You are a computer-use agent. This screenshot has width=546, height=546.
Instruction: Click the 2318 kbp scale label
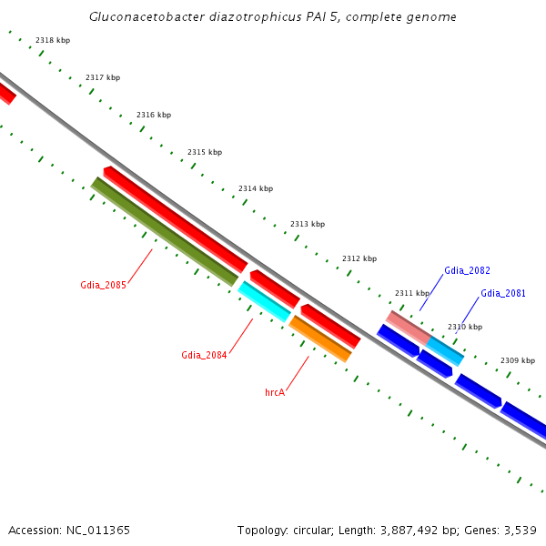pos(52,40)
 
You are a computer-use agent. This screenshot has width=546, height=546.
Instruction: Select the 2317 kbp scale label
pos(103,77)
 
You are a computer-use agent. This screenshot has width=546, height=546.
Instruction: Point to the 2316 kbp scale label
pos(154,115)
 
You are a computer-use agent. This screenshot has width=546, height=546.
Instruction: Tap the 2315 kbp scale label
pos(205,152)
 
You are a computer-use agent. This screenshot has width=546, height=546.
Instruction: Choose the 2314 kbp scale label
pos(256,188)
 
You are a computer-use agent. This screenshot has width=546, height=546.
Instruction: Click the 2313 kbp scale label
pos(308,224)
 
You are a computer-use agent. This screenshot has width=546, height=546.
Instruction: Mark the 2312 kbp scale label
pos(359,258)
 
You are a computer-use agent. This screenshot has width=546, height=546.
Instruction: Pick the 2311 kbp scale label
pos(411,293)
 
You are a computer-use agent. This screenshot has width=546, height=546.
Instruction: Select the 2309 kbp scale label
pos(518,361)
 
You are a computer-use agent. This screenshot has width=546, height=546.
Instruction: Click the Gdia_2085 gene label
pos(103,285)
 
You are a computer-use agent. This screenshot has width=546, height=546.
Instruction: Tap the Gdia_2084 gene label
pos(204,355)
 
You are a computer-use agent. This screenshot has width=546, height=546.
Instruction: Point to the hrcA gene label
pos(275,392)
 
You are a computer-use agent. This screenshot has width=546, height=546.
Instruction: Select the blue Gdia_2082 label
pos(467,270)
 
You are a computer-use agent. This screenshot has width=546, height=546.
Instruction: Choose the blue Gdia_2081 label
pos(503,293)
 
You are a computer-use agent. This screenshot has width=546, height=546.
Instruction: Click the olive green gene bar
pos(165,231)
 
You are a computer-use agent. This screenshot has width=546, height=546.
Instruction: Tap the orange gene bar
pos(319,339)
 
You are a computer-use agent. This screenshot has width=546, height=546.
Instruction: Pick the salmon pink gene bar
pos(409,327)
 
